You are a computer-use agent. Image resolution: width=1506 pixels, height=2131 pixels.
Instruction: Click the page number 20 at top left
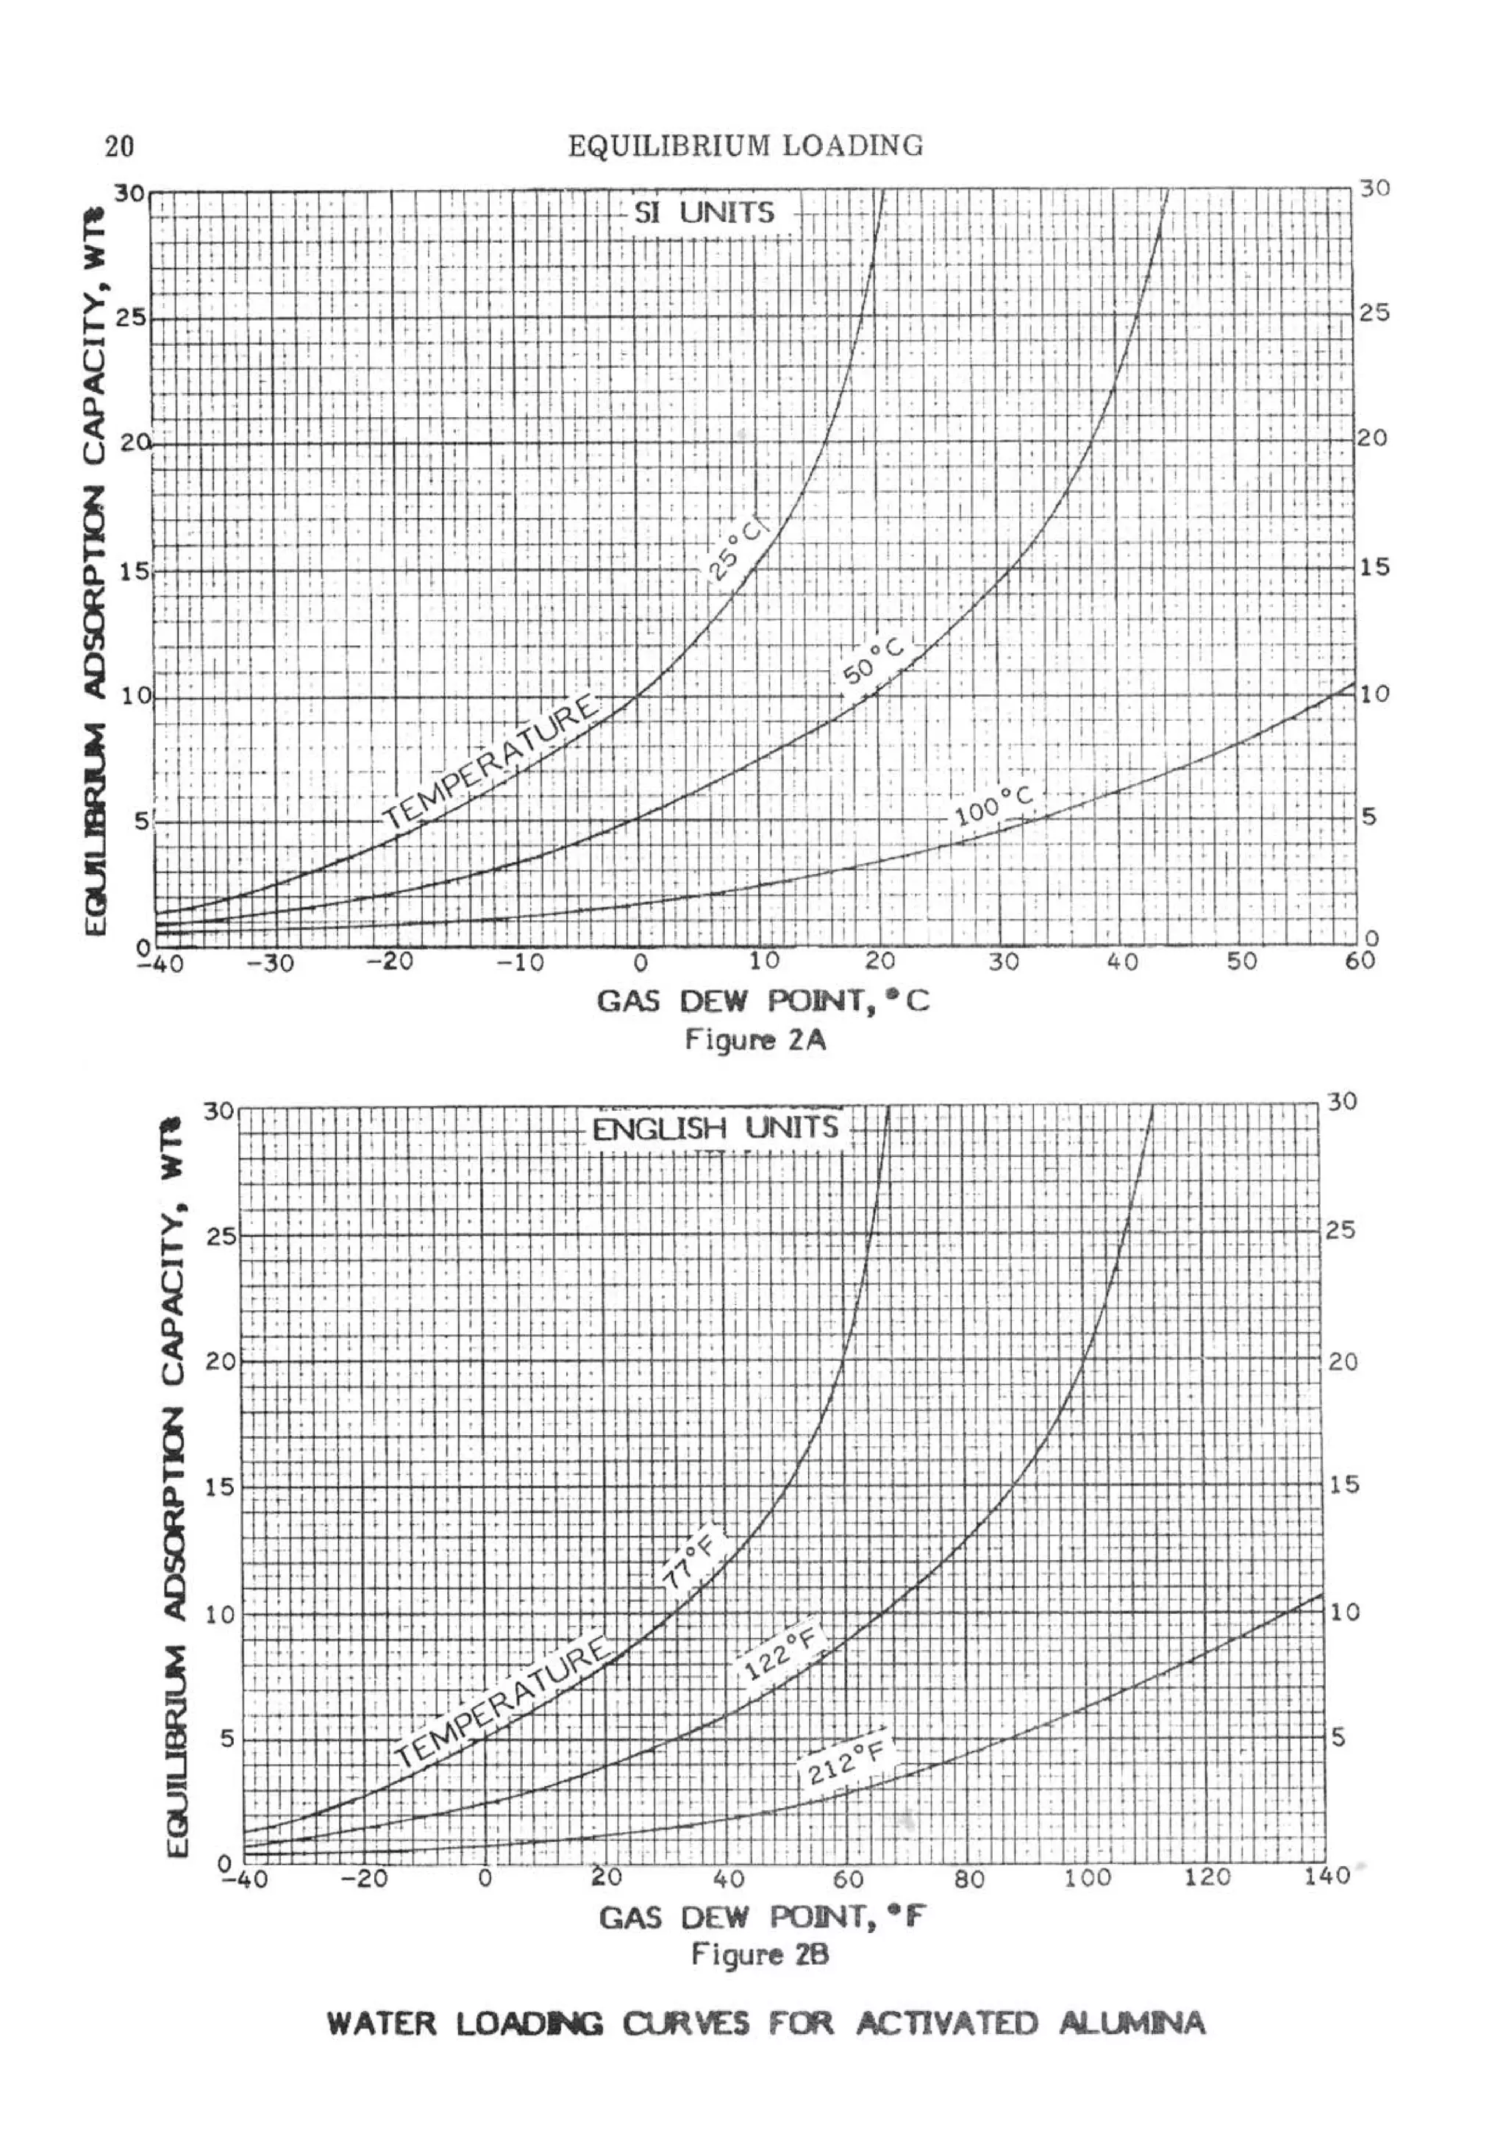coord(120,146)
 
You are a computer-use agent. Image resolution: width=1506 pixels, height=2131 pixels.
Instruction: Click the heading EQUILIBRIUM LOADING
coord(745,146)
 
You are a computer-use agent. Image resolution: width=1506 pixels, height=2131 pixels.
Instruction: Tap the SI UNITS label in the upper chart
coord(703,213)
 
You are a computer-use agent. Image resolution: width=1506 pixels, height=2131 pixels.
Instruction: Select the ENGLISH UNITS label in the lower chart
coord(715,1128)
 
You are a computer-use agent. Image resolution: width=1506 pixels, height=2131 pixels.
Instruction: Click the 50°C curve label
coord(872,660)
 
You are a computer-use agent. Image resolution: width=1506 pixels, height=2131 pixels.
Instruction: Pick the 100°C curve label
coord(993,805)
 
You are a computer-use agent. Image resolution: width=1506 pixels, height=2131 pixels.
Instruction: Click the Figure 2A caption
coord(755,1039)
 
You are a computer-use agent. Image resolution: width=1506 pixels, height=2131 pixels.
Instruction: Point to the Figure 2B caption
coord(760,1954)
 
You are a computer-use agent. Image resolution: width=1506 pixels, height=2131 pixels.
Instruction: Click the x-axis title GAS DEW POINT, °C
coord(762,1001)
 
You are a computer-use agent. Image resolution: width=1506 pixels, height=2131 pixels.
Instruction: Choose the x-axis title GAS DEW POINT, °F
coord(762,1917)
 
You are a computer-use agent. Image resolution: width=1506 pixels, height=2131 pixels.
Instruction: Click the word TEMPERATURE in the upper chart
coord(492,761)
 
